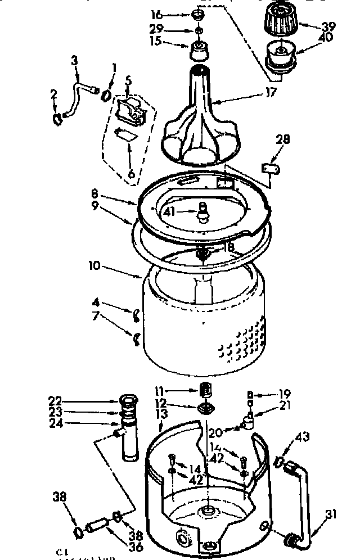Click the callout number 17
(271, 93)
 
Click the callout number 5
(128, 82)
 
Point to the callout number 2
(54, 93)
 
